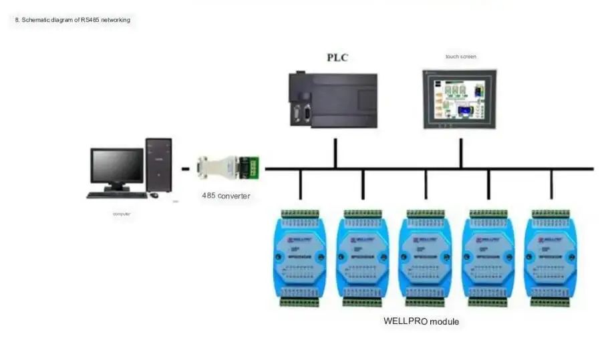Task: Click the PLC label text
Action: point(337,57)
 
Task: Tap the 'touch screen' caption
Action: point(461,57)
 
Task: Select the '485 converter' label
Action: point(226,196)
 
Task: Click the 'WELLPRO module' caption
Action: point(421,321)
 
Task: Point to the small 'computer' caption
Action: point(122,214)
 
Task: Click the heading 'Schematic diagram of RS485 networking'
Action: point(73,20)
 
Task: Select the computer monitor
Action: point(117,167)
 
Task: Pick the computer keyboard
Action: point(117,195)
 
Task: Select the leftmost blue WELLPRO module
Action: point(299,257)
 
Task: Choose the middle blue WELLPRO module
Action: point(426,257)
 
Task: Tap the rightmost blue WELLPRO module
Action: point(551,257)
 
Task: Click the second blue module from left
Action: point(362,257)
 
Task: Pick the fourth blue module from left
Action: point(488,257)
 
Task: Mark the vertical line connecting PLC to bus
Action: point(335,153)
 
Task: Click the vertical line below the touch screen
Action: point(460,153)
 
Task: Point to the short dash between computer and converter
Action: point(185,169)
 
